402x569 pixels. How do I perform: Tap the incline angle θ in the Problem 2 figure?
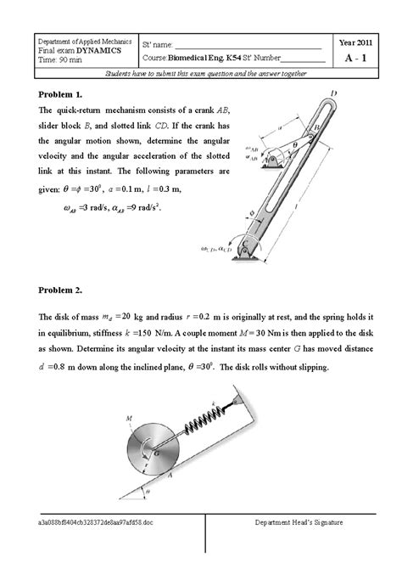pyautogui.click(x=150, y=490)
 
